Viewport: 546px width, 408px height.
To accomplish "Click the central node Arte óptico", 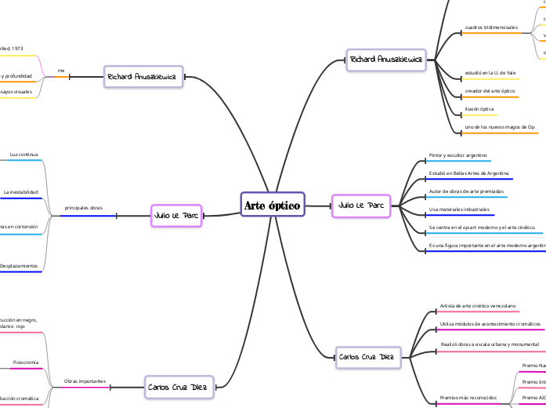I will point(272,206).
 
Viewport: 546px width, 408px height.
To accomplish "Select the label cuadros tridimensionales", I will point(491,27).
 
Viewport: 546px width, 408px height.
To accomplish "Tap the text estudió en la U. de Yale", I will point(490,72).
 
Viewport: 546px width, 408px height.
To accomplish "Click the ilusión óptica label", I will point(479,109).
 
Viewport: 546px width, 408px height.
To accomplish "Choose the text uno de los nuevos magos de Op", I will point(500,127).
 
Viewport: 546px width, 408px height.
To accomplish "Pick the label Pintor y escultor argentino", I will point(458,155).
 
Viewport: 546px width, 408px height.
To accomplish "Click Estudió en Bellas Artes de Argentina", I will point(469,173).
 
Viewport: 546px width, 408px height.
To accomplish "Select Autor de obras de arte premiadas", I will point(466,191).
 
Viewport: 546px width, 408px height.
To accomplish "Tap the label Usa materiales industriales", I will point(459,209).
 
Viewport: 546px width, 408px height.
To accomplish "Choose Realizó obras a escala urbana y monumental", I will point(490,344).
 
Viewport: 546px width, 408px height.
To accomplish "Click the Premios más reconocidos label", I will point(468,398).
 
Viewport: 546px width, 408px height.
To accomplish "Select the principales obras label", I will point(83,208).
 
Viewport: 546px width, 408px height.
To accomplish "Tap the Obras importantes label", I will point(85,381).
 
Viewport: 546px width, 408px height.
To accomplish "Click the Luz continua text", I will point(24,155).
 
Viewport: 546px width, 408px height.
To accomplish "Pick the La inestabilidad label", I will point(20,191).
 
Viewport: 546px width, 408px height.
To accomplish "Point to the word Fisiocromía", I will point(25,362).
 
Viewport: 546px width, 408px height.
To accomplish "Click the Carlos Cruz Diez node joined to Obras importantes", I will point(177,387).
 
